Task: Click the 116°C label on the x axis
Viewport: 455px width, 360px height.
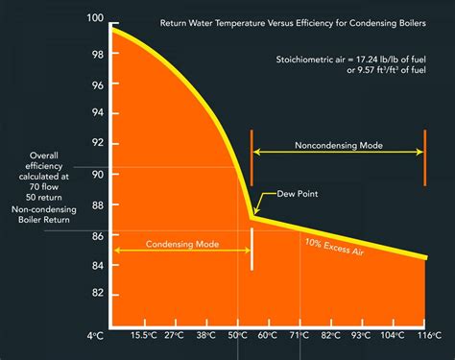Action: pyautogui.click(x=427, y=336)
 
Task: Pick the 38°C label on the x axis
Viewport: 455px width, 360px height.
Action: pyautogui.click(x=205, y=336)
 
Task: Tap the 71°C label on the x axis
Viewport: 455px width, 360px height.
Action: pyautogui.click(x=299, y=336)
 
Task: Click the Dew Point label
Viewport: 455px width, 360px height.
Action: pyautogui.click(x=298, y=194)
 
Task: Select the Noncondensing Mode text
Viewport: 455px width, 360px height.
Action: pyautogui.click(x=338, y=146)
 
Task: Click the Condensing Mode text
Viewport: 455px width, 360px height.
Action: pyautogui.click(x=182, y=244)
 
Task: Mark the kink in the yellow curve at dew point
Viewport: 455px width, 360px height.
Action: pyautogui.click(x=251, y=217)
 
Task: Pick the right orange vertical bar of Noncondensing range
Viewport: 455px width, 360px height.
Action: pyautogui.click(x=423, y=156)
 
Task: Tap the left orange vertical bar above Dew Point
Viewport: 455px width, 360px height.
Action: pyautogui.click(x=251, y=156)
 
